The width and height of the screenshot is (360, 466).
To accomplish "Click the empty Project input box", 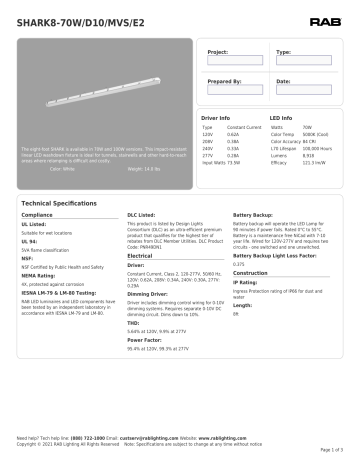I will point(235,61).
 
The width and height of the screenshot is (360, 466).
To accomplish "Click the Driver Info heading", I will point(217,118).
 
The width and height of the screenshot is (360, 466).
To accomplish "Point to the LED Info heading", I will point(282,118).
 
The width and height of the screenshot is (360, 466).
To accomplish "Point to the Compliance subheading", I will point(37,215).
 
